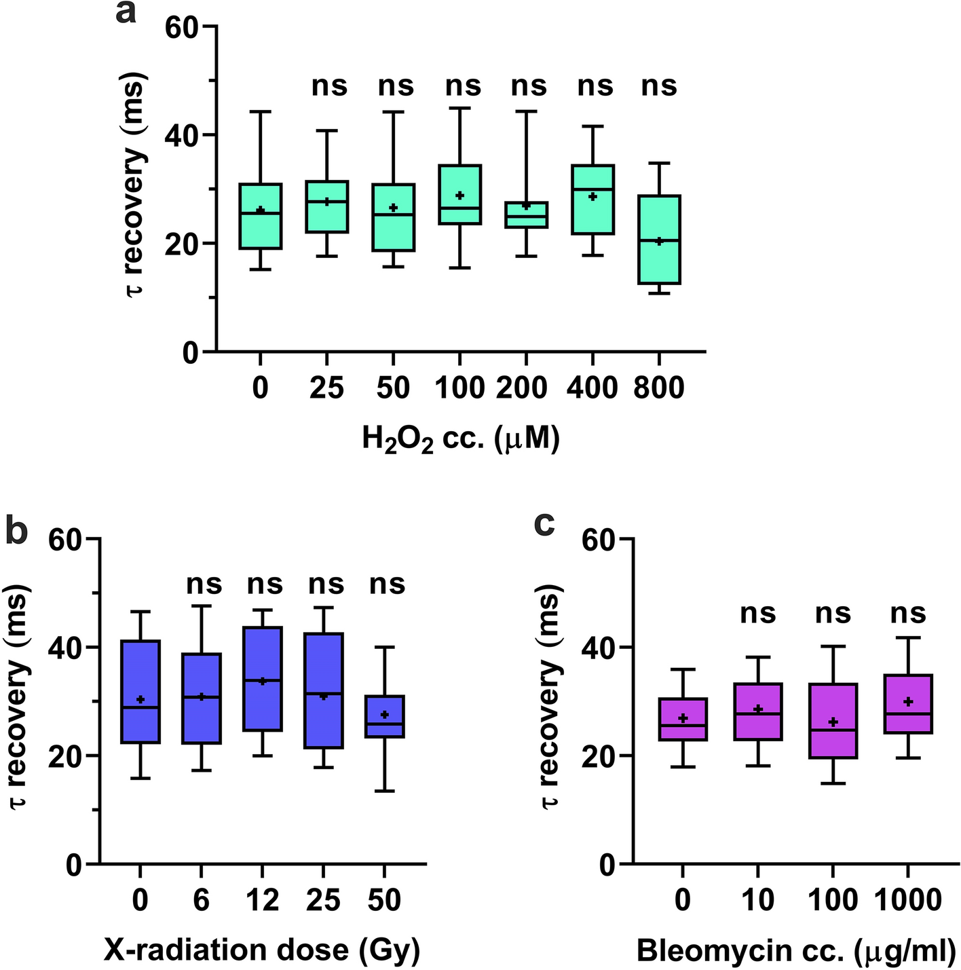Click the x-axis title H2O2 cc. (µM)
pos(461,441)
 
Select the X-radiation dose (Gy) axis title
pos(262,950)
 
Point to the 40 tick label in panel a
pos(183,135)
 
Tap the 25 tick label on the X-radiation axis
pos(324,900)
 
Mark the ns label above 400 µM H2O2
pos(595,86)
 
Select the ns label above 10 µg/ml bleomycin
pos(757,613)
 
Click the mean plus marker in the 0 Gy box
pos(140,699)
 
